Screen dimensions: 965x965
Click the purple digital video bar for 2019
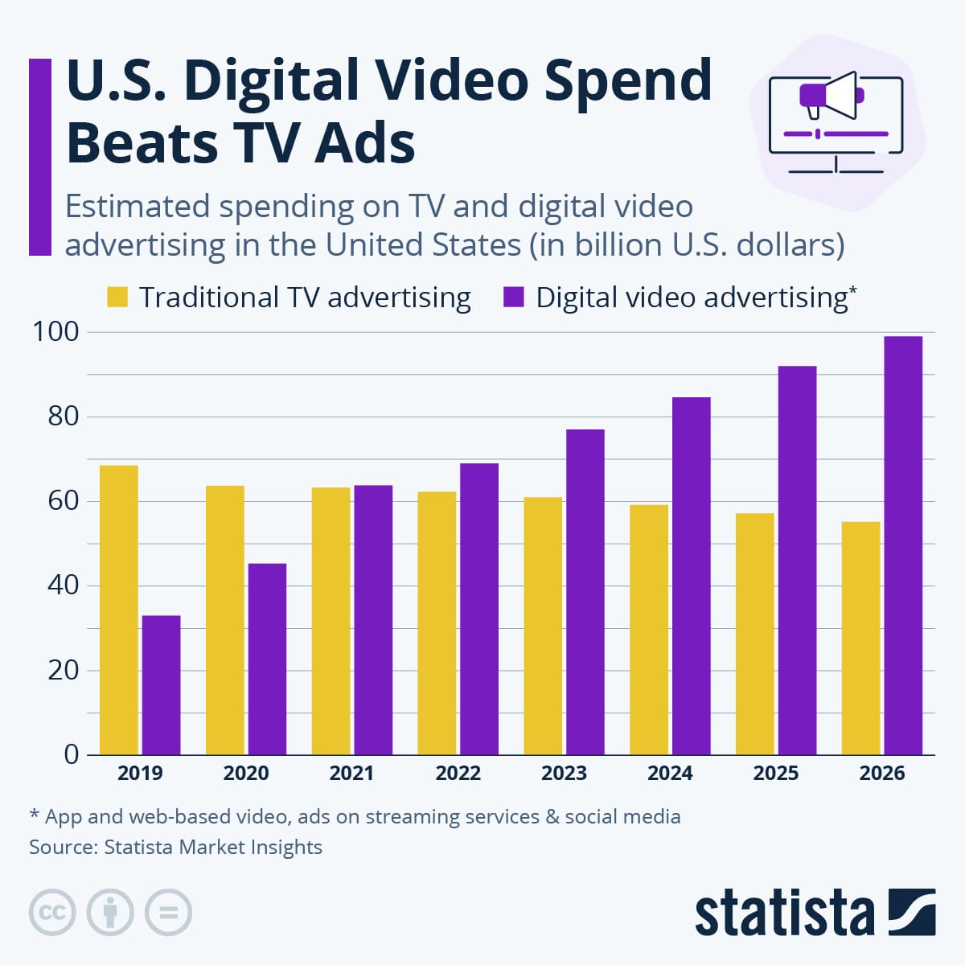coord(161,685)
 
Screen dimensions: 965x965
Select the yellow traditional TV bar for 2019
coord(118,610)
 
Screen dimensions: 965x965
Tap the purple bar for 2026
coord(903,545)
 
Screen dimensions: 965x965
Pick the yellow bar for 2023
coord(543,626)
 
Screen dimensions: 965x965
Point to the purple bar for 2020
coord(267,659)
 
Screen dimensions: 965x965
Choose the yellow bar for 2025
coord(754,634)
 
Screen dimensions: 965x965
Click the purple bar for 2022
coord(479,609)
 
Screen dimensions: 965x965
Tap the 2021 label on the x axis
coord(351,774)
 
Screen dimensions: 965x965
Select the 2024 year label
coord(670,774)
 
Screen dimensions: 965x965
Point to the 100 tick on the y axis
coord(55,331)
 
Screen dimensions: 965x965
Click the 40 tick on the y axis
coord(63,585)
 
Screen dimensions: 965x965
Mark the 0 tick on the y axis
coord(72,754)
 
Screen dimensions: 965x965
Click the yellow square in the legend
coord(117,298)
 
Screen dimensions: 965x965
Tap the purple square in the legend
coord(513,298)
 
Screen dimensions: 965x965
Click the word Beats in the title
coord(142,143)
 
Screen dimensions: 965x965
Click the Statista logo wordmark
coord(784,913)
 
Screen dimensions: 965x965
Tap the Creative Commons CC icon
coord(52,913)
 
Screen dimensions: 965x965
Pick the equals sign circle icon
coord(168,913)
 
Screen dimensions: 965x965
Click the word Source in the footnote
coord(61,847)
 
